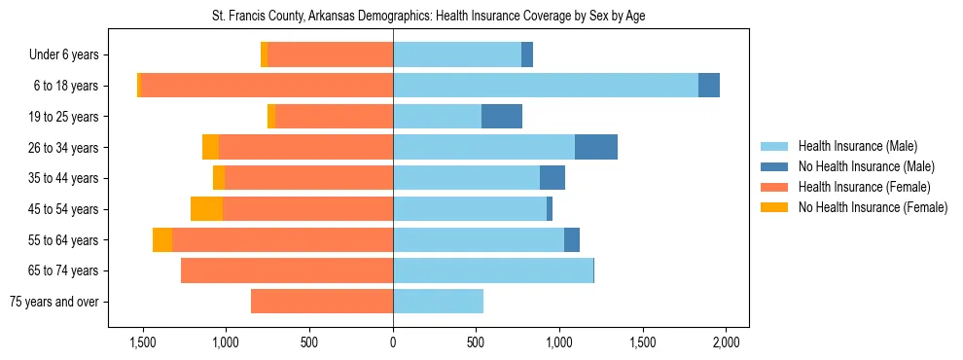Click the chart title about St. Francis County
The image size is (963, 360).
click(428, 17)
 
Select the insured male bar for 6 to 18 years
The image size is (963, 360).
click(545, 86)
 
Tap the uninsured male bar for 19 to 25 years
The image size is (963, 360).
click(502, 117)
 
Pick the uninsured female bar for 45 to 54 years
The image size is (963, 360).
click(206, 209)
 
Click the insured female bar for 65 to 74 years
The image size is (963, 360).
click(287, 270)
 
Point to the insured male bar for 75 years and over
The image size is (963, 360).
click(438, 302)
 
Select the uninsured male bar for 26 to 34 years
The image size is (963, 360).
click(596, 147)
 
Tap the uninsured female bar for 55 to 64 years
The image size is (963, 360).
click(162, 240)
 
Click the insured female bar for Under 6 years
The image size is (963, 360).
click(331, 54)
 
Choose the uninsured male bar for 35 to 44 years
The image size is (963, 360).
click(553, 178)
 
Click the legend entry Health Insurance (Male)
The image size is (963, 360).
click(857, 146)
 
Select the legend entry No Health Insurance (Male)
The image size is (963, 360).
click(866, 166)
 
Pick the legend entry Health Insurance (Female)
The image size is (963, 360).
click(864, 187)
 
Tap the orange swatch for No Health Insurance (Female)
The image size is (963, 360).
click(775, 207)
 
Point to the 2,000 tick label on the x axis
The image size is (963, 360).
click(726, 342)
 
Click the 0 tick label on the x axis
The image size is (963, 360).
click(393, 342)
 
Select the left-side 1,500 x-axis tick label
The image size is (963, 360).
click(143, 342)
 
